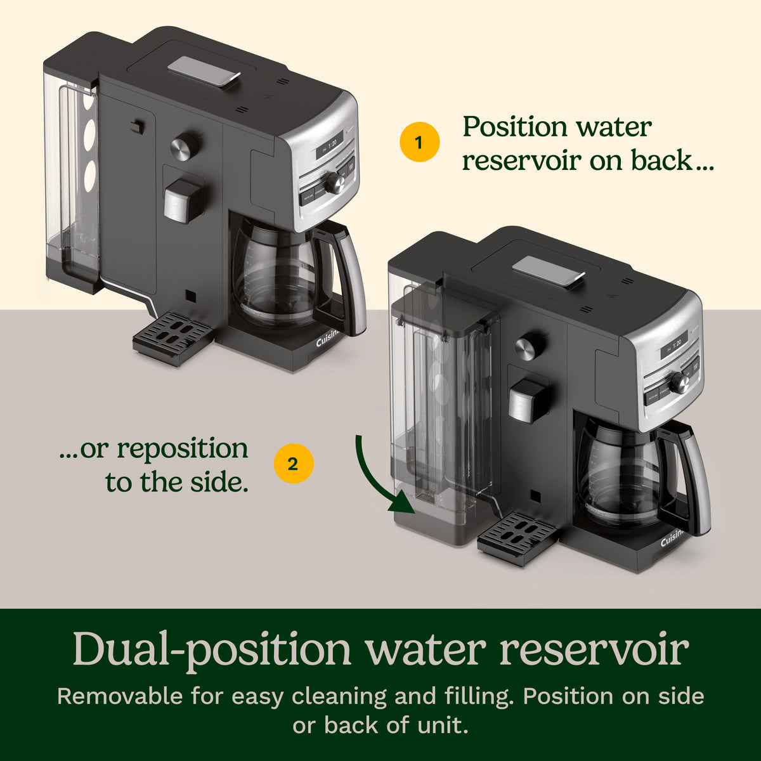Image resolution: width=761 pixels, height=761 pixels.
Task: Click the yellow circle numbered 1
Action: pyautogui.click(x=419, y=142)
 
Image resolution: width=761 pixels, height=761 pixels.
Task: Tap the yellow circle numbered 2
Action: pyautogui.click(x=294, y=464)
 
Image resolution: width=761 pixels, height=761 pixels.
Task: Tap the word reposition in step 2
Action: pyautogui.click(x=183, y=450)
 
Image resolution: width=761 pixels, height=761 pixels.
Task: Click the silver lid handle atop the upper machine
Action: pyautogui.click(x=204, y=70)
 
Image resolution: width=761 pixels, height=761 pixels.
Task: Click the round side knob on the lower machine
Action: pyautogui.click(x=529, y=347)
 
